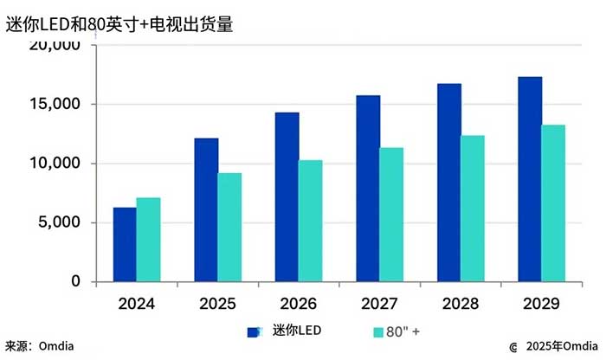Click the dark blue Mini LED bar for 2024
[125, 245]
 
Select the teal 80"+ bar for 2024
[148, 240]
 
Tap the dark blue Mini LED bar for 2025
[206, 210]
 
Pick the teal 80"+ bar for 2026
[310, 221]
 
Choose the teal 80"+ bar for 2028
[472, 209]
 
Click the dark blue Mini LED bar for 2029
[530, 179]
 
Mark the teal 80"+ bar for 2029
[553, 203]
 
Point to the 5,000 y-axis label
[61, 222]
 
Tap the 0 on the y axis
[75, 282]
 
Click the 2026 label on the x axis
[298, 305]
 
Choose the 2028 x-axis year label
[460, 305]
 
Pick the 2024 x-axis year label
[136, 305]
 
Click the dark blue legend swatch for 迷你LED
[255, 331]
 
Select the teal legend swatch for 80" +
[378, 331]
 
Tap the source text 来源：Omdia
[40, 346]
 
